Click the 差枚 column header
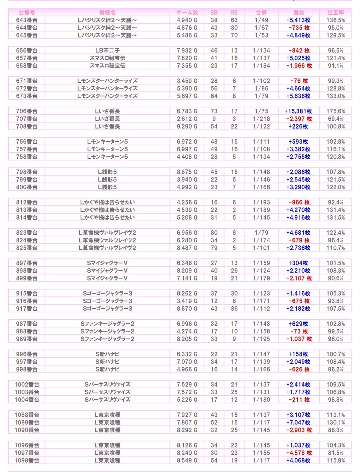pos(298,12)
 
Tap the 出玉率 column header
pos(335,12)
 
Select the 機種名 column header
pos(107,12)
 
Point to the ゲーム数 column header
pos(187,12)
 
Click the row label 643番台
pos(26,20)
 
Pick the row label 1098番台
pos(26,460)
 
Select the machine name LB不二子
pos(107,51)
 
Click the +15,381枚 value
pos(298,111)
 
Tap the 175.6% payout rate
pos(335,111)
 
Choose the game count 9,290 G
pos(187,127)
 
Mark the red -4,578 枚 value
pos(299,453)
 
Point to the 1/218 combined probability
pos(261,119)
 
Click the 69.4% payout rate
pos(335,119)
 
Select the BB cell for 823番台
pos(214,233)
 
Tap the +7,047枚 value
pos(298,422)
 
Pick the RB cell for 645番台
pos(234,35)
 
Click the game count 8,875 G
pos(187,172)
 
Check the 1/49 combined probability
pos(261,20)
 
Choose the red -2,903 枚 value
pos(299,430)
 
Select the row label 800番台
pos(26,187)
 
